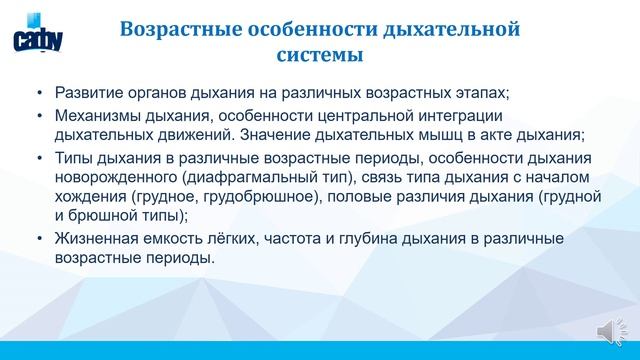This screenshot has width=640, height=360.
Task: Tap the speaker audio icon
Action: tap(608, 332)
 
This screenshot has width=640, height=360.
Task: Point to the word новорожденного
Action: tap(115, 177)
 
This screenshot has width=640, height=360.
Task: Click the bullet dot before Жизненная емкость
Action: tap(39, 238)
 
